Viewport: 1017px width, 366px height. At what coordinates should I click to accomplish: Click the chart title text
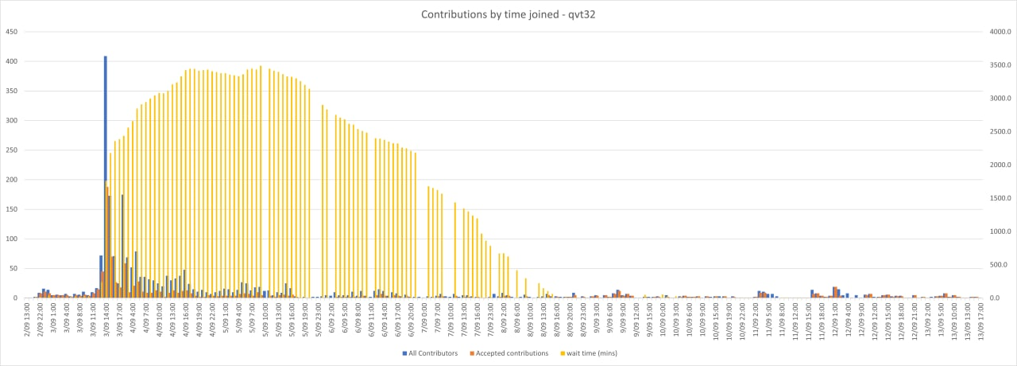coord(508,14)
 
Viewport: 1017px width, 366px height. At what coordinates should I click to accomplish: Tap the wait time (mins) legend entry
coord(588,352)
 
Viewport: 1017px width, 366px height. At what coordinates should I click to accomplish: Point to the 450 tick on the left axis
coord(12,32)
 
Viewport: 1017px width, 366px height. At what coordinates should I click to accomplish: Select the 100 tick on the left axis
coord(12,239)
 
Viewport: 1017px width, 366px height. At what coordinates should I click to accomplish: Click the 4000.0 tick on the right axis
coord(996,32)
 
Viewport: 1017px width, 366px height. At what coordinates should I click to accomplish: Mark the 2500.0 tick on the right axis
coord(996,132)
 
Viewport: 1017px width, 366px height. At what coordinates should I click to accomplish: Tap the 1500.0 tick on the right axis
coord(996,198)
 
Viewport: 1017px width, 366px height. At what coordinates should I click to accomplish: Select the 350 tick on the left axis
coord(12,91)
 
